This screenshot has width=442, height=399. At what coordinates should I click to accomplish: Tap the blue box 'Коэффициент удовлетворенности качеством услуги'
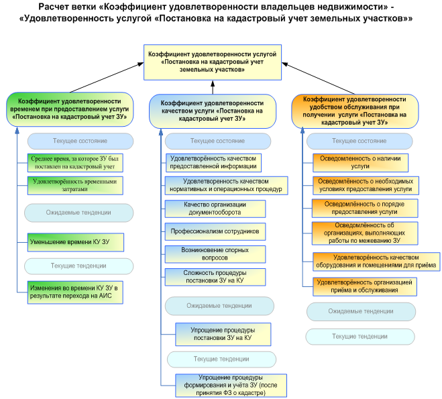pyautogui.click(x=212, y=111)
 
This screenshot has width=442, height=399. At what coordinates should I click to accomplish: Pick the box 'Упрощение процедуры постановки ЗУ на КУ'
pyautogui.click(x=223, y=334)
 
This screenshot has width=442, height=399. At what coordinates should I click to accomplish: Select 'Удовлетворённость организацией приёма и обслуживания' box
pyautogui.click(x=366, y=286)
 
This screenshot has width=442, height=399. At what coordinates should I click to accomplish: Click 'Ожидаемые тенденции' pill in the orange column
pyautogui.click(x=360, y=311)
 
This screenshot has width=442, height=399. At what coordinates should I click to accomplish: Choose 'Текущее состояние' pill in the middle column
pyautogui.click(x=217, y=141)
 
